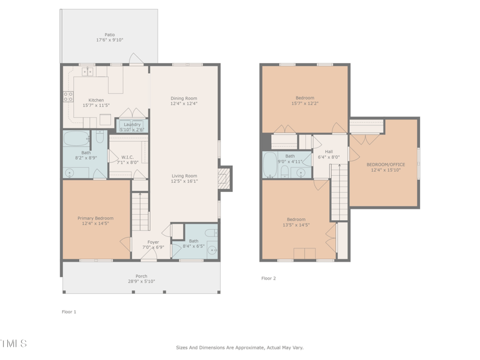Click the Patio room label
110,35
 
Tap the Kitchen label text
96,100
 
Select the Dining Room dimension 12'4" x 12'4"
184,104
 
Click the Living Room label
184,176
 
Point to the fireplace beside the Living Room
224,178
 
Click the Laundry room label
132,125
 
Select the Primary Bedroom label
95,218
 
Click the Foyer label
154,242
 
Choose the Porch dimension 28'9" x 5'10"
141,281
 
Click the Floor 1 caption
69,312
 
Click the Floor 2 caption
269,278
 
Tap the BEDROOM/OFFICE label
386,164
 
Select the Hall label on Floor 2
329,152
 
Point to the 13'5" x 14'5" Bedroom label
296,220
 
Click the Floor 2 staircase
340,192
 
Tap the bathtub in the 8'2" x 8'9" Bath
77,139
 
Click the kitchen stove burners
68,97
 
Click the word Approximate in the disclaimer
250,347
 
